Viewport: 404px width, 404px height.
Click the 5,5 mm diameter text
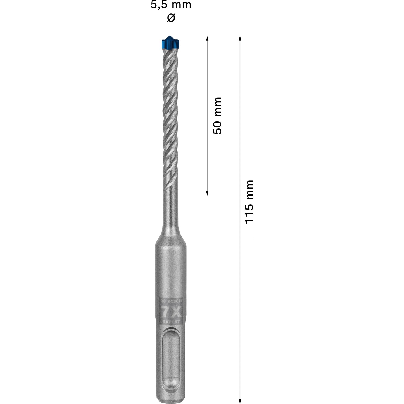[x=171, y=5]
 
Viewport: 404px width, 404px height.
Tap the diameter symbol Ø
[x=171, y=18]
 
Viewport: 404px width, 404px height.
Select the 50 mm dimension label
[x=217, y=116]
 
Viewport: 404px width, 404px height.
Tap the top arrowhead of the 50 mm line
[x=207, y=38]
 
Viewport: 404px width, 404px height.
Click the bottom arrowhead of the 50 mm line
[x=207, y=193]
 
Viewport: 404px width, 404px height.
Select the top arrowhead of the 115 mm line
[x=240, y=38]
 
